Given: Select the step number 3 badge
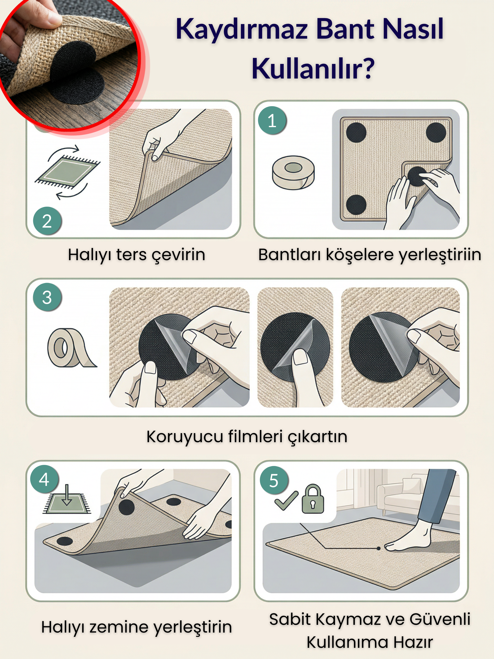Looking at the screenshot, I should (47, 297).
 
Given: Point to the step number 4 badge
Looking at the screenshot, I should (44, 479).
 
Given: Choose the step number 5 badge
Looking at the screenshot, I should (273, 481).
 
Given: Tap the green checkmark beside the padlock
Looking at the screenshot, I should (286, 501).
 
